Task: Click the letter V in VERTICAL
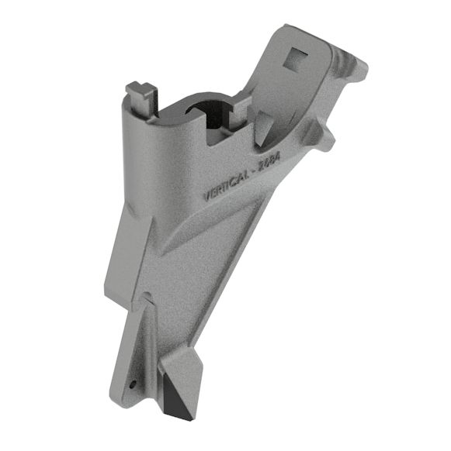click(206, 196)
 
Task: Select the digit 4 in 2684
click(277, 157)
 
